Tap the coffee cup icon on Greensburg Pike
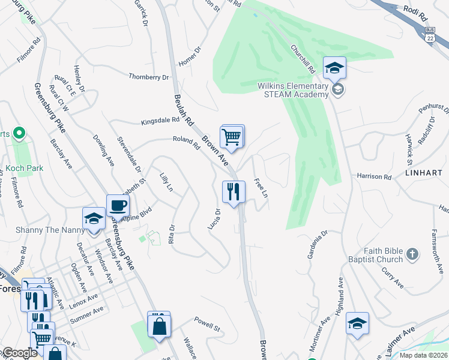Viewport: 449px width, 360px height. click(x=118, y=206)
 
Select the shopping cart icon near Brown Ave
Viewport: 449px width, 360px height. click(x=232, y=137)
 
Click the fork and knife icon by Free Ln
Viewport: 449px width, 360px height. click(x=234, y=192)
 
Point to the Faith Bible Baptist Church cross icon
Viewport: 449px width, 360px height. click(x=412, y=254)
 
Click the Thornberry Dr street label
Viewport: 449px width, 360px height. click(x=149, y=77)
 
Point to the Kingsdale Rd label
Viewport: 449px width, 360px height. click(x=160, y=121)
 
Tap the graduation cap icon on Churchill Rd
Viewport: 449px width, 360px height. click(x=335, y=68)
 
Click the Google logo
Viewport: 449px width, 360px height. click(x=20, y=353)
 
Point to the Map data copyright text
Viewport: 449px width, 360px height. click(x=423, y=355)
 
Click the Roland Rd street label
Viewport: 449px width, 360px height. click(x=185, y=142)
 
